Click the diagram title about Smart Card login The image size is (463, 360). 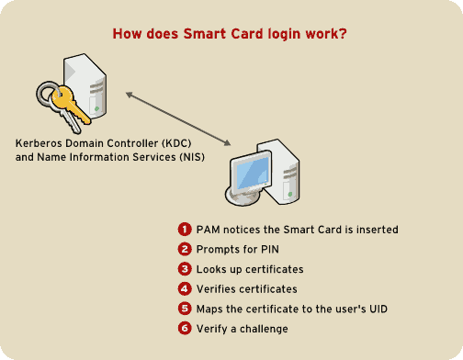pos(231,34)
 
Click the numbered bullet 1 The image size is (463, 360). pos(184,230)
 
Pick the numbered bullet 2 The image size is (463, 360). pos(184,250)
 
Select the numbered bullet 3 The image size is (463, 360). pos(184,270)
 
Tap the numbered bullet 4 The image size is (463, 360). pos(184,289)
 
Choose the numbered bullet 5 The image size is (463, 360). pos(184,309)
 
